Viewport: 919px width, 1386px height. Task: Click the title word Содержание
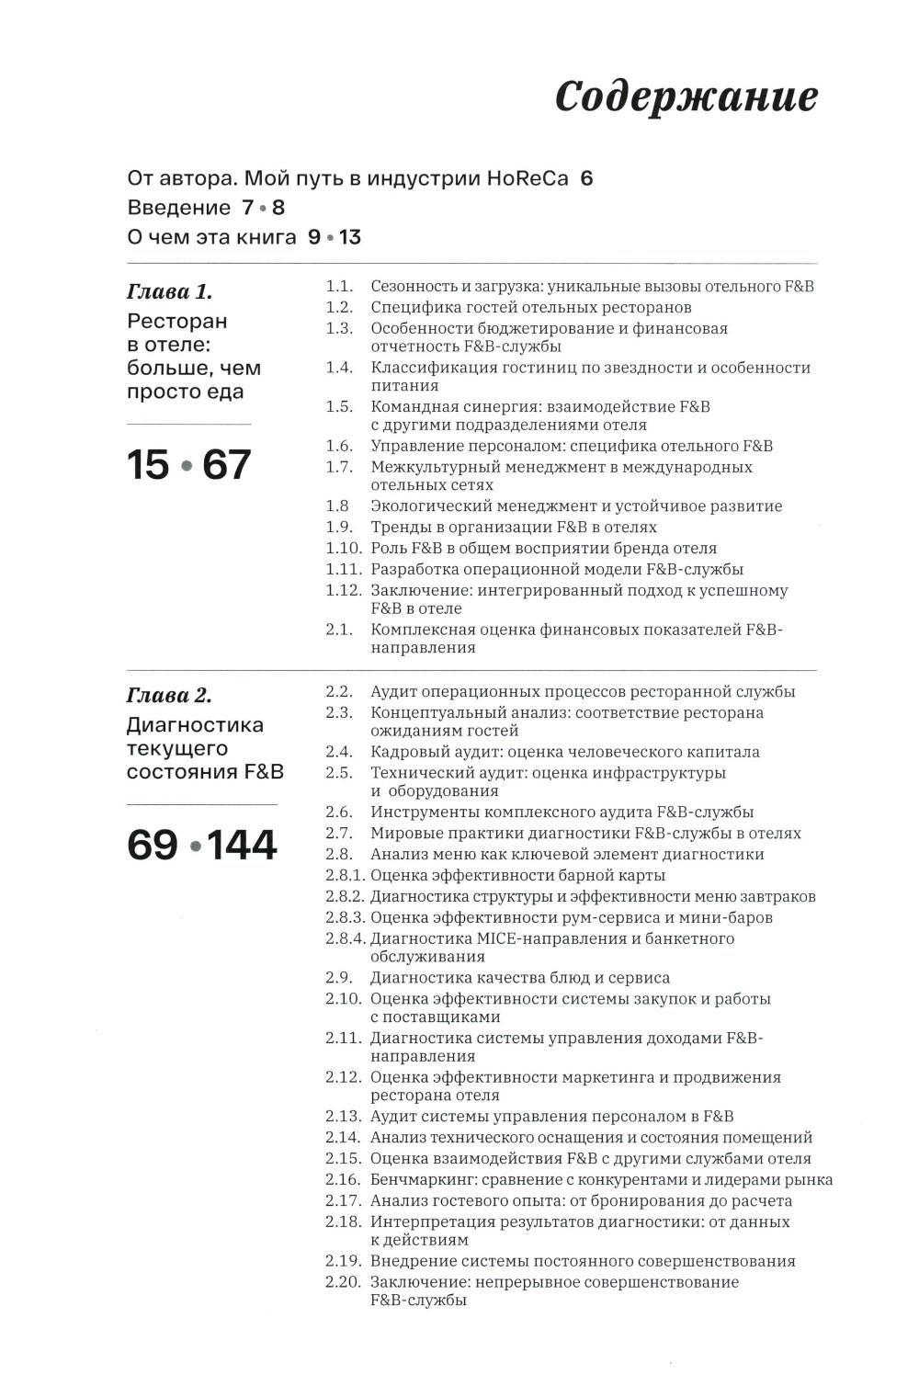pos(686,97)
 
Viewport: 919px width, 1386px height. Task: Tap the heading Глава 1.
pos(169,292)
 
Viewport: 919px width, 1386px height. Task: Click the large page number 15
pos(148,465)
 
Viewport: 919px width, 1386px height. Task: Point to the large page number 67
pos(226,465)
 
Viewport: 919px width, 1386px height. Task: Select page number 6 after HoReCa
pos(586,178)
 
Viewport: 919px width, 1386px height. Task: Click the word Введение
pos(179,208)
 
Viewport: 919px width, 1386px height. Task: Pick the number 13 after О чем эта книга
pos(349,237)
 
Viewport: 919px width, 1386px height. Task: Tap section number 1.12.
pos(343,591)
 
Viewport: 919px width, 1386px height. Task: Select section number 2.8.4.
pos(346,939)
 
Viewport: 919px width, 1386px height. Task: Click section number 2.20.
pos(343,1282)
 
